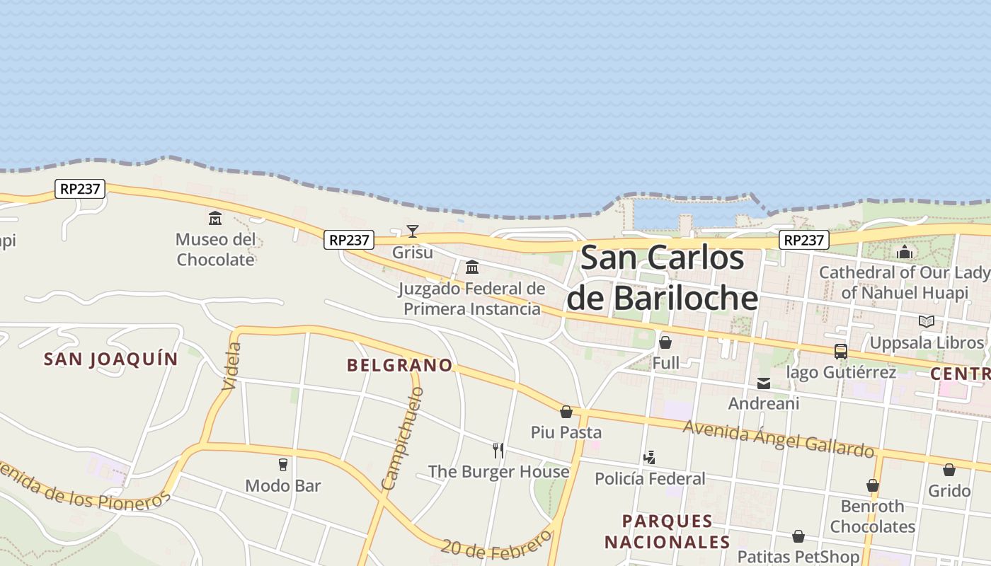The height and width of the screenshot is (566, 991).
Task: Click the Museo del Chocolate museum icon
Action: click(x=215, y=218)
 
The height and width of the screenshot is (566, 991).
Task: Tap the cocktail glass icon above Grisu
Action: click(x=413, y=231)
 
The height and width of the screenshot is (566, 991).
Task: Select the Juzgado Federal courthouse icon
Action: click(x=472, y=267)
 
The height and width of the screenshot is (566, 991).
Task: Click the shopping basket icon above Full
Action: click(x=665, y=342)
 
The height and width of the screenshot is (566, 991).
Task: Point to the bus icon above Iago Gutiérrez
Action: click(x=841, y=351)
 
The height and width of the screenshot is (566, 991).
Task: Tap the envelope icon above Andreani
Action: click(x=764, y=383)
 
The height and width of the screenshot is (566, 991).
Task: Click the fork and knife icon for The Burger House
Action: click(x=498, y=450)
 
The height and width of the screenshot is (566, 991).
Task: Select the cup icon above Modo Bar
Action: click(x=283, y=464)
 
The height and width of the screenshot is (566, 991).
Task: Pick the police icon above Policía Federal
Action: click(x=649, y=458)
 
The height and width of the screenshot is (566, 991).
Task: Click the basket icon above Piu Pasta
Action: click(x=566, y=411)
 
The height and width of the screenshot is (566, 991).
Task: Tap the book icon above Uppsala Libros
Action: click(x=926, y=321)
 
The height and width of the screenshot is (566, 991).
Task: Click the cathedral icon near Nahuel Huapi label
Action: click(x=905, y=252)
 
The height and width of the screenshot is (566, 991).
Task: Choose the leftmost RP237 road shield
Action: click(x=81, y=189)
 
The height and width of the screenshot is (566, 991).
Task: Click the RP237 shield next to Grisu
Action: click(x=349, y=240)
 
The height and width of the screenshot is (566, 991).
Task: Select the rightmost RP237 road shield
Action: click(x=804, y=240)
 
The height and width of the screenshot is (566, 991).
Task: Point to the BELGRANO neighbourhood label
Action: click(x=400, y=365)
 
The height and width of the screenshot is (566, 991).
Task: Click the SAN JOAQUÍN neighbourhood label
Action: click(x=111, y=359)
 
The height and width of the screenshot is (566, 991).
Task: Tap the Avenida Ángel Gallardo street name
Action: click(x=779, y=438)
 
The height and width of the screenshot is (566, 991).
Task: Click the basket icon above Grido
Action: click(x=949, y=470)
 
